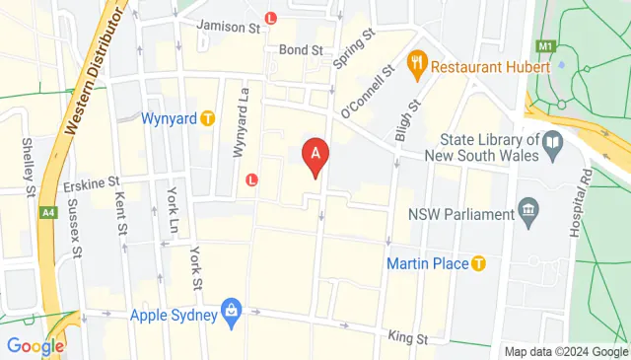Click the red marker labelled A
coord(315,156)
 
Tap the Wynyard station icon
coord(207,118)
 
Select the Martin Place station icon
coord(479,263)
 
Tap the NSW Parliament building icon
coord(529,212)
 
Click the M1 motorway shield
coord(544,45)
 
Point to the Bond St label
coord(301,49)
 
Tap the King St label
coord(407,337)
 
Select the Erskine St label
coord(92,182)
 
